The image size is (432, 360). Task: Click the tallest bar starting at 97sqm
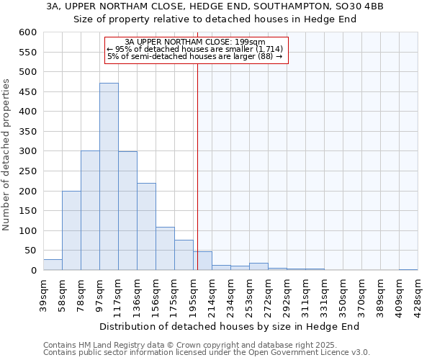pyautogui.click(x=109, y=176)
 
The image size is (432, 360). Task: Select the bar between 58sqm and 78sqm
pyautogui.click(x=71, y=230)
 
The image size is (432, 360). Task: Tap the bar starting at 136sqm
pyautogui.click(x=146, y=227)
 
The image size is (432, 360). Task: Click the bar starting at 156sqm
pyautogui.click(x=165, y=249)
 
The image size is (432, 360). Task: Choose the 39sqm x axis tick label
pyautogui.click(x=43, y=292)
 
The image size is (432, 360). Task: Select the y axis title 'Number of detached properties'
pyautogui.click(x=6, y=155)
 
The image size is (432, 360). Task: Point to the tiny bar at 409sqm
pyautogui.click(x=408, y=269)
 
